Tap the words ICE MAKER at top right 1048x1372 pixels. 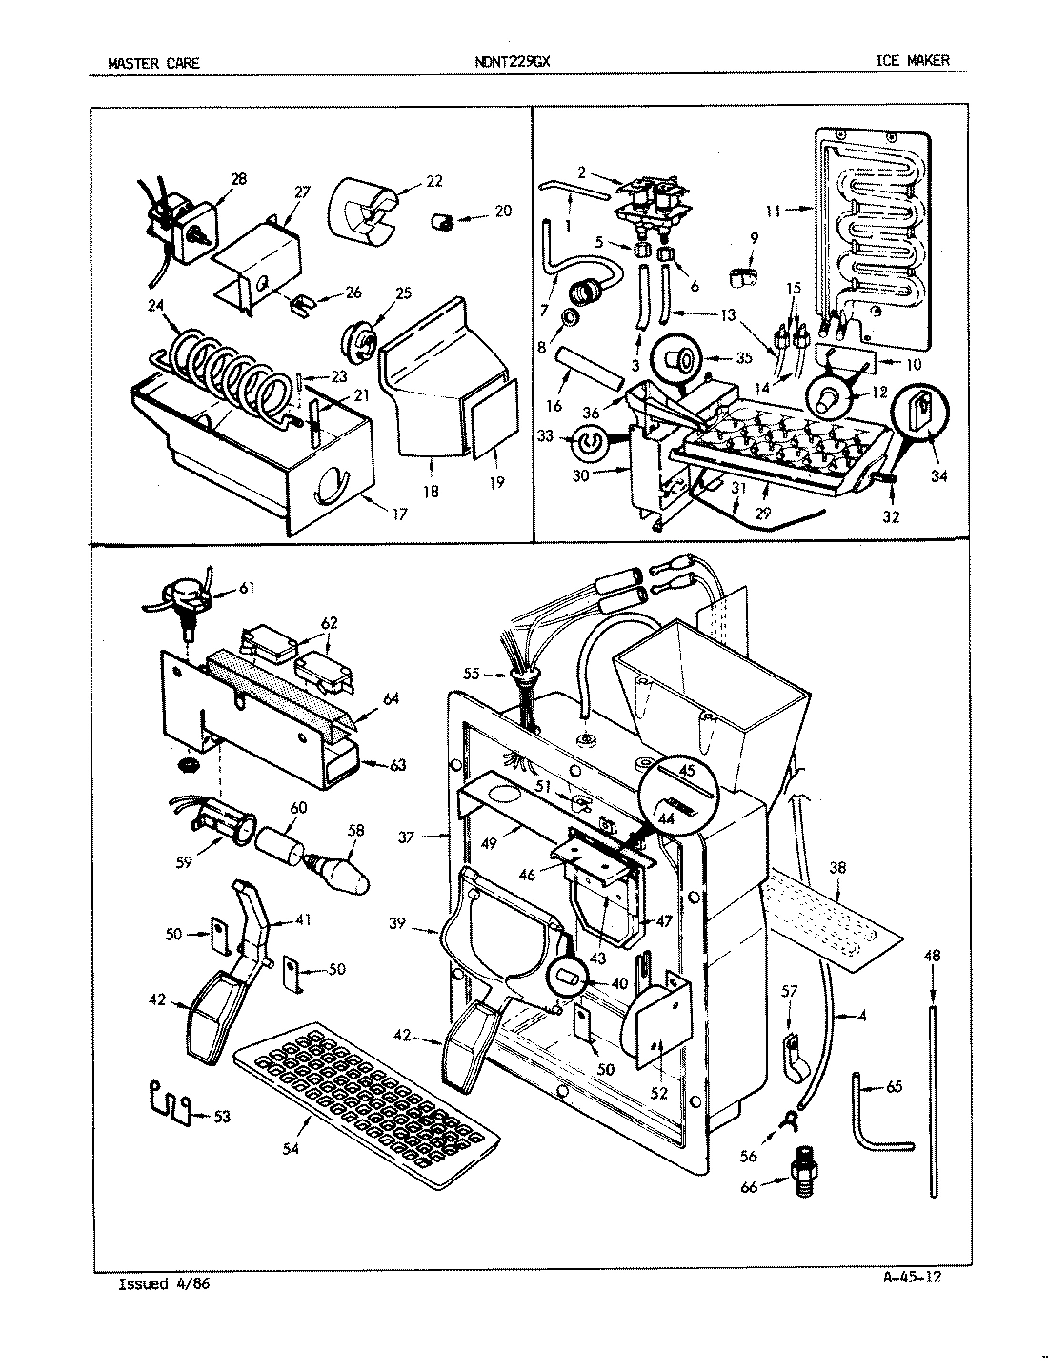pyautogui.click(x=913, y=61)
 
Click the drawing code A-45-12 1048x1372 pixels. pyautogui.click(x=911, y=1277)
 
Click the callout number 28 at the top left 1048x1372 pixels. pyautogui.click(x=238, y=178)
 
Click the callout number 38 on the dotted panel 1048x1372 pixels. pyautogui.click(x=837, y=868)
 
